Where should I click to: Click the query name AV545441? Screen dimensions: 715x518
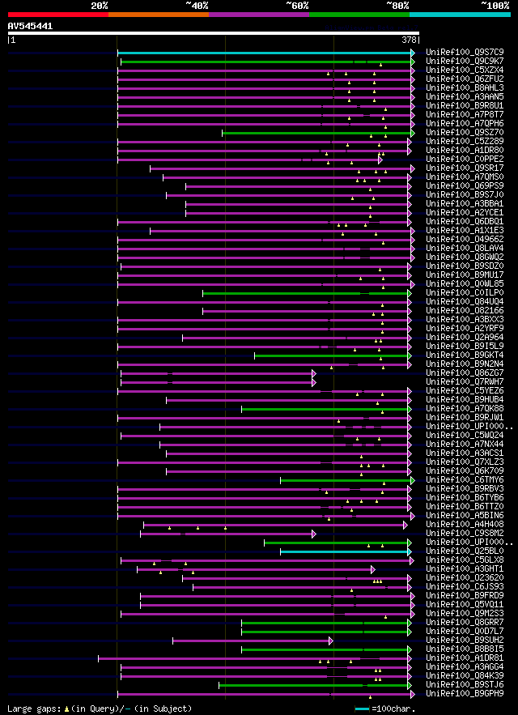(31, 26)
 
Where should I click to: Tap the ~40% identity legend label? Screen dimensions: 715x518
(197, 5)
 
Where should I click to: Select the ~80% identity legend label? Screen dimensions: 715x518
(397, 5)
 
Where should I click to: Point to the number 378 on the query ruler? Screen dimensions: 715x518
(410, 39)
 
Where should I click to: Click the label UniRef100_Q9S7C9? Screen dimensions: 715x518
(465, 52)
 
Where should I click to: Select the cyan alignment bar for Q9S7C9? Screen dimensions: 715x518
(267, 53)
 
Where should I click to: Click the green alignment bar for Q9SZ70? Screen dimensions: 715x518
(316, 133)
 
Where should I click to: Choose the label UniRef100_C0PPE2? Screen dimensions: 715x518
(465, 159)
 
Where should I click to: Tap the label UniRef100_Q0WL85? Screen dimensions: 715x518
(465, 283)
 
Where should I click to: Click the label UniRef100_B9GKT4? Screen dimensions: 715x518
(465, 355)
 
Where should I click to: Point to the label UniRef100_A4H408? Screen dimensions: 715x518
(465, 524)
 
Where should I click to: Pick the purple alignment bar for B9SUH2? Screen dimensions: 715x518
(252, 641)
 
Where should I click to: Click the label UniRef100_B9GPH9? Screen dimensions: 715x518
(465, 693)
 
